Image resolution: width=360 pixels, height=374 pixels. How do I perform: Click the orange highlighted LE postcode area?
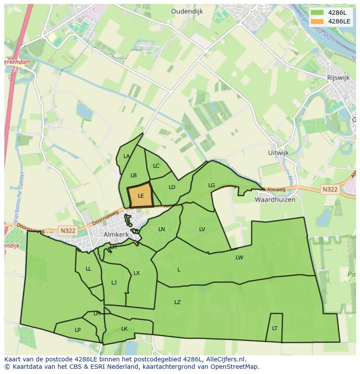(140, 195)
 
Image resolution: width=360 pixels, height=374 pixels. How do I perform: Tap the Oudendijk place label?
(187, 12)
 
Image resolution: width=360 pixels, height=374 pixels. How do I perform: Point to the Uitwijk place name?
(279, 153)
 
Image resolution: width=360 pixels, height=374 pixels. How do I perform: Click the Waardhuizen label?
(275, 200)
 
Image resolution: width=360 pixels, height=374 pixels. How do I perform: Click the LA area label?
(127, 156)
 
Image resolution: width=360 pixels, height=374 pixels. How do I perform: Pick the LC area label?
(156, 166)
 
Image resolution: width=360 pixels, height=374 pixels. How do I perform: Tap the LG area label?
(212, 185)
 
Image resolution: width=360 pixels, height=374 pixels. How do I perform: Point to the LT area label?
(275, 328)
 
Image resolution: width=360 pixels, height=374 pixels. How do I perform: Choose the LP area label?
(77, 330)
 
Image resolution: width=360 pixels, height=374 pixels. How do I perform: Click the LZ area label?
(177, 302)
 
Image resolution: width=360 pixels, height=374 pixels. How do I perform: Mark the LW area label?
(239, 258)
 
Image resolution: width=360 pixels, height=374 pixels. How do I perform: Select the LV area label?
(202, 229)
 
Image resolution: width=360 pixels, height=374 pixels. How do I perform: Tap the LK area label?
(124, 329)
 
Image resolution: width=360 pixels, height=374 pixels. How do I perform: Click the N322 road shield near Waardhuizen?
(330, 189)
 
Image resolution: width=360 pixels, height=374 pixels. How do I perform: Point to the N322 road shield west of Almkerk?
(68, 231)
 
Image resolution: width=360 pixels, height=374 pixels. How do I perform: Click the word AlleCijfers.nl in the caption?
(226, 359)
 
